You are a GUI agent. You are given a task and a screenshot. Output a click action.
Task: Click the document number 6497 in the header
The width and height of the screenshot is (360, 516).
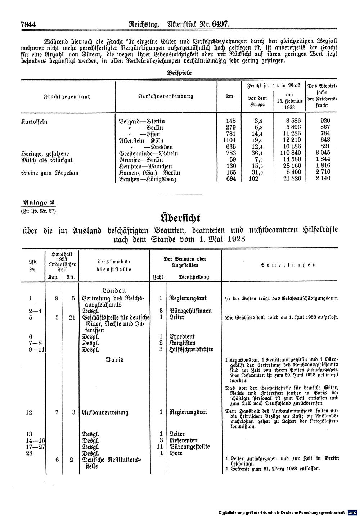coord(219,24)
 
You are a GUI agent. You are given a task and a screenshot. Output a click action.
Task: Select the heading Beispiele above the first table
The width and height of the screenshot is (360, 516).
coord(179,72)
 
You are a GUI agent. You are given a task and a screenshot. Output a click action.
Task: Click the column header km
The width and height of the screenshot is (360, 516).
coord(229,96)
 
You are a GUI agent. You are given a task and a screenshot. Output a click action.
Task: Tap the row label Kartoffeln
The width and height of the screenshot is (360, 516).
coord(34,121)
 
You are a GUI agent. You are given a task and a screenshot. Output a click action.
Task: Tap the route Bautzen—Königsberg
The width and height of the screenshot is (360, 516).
coord(147,179)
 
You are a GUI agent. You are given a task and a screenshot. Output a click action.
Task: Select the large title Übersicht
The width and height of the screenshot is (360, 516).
coord(179,218)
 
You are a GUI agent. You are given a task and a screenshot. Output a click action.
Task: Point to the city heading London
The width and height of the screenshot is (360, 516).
coord(114,291)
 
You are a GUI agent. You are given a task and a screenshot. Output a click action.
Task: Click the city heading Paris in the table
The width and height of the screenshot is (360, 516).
coord(114,359)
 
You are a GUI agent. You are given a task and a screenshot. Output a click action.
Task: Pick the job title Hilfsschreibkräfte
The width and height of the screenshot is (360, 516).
coord(191,349)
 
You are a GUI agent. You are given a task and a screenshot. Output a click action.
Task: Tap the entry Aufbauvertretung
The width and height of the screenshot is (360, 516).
coord(105,412)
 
